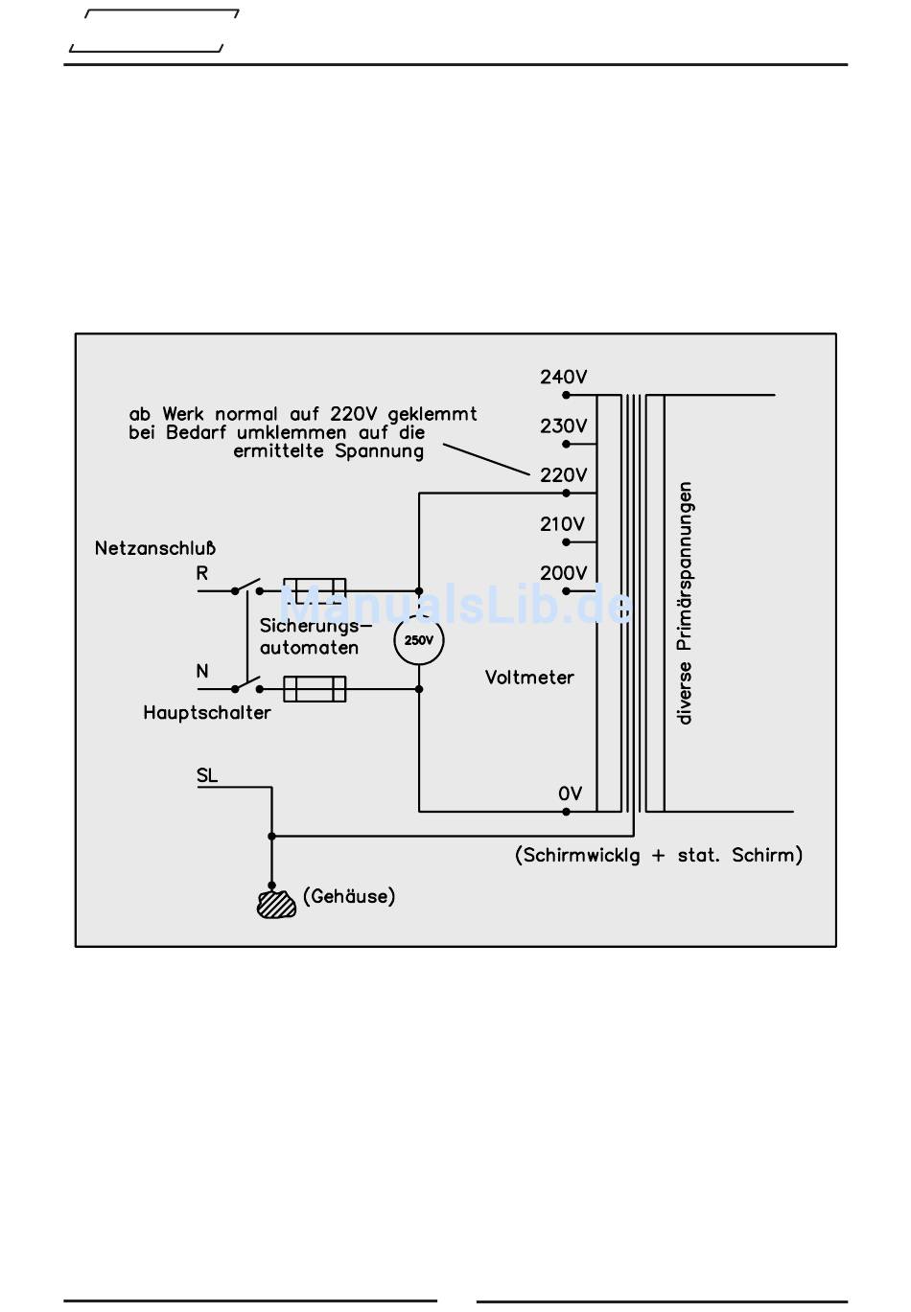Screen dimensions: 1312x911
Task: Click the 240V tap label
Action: point(563,378)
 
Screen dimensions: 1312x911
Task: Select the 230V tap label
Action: point(563,426)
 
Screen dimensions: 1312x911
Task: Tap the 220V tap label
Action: point(563,475)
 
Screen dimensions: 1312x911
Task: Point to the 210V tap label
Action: point(562,524)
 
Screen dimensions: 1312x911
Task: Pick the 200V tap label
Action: point(563,573)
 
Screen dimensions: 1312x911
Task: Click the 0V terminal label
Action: point(570,794)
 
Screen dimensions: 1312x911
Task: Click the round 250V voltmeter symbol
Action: point(419,640)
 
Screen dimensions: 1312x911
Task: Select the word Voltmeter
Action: point(528,678)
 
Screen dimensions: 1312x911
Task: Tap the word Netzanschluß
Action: point(154,549)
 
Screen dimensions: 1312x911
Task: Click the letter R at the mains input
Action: point(202,574)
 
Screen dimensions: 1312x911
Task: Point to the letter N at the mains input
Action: point(202,671)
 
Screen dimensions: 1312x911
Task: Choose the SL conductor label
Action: point(207,775)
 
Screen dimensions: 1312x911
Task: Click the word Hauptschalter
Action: point(207,713)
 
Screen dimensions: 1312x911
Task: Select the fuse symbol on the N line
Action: point(315,688)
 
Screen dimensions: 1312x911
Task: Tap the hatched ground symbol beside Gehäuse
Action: point(276,904)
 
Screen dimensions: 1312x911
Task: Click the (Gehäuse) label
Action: point(349,897)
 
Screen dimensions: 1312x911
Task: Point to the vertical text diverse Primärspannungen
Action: point(685,603)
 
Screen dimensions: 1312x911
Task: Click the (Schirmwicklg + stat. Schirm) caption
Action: point(659,855)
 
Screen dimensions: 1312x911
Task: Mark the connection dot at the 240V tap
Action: point(567,395)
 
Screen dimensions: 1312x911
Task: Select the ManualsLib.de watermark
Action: point(455,606)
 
